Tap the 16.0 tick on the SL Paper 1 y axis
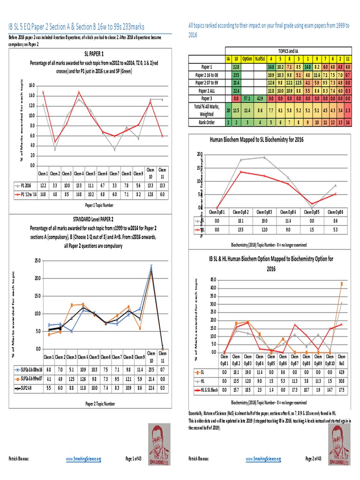[31, 86]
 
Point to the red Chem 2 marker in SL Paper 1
[55, 142]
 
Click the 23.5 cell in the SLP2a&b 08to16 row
[151, 370]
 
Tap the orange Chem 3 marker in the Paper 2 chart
[72, 305]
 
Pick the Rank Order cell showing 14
[348, 122]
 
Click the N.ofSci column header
[261, 60]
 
